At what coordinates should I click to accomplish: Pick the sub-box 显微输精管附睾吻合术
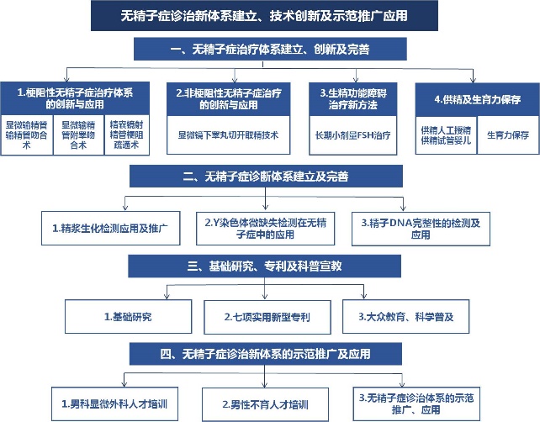(80, 132)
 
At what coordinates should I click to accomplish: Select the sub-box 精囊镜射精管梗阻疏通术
(129, 132)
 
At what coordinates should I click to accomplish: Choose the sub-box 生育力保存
(505, 134)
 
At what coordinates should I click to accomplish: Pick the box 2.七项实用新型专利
(267, 317)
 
